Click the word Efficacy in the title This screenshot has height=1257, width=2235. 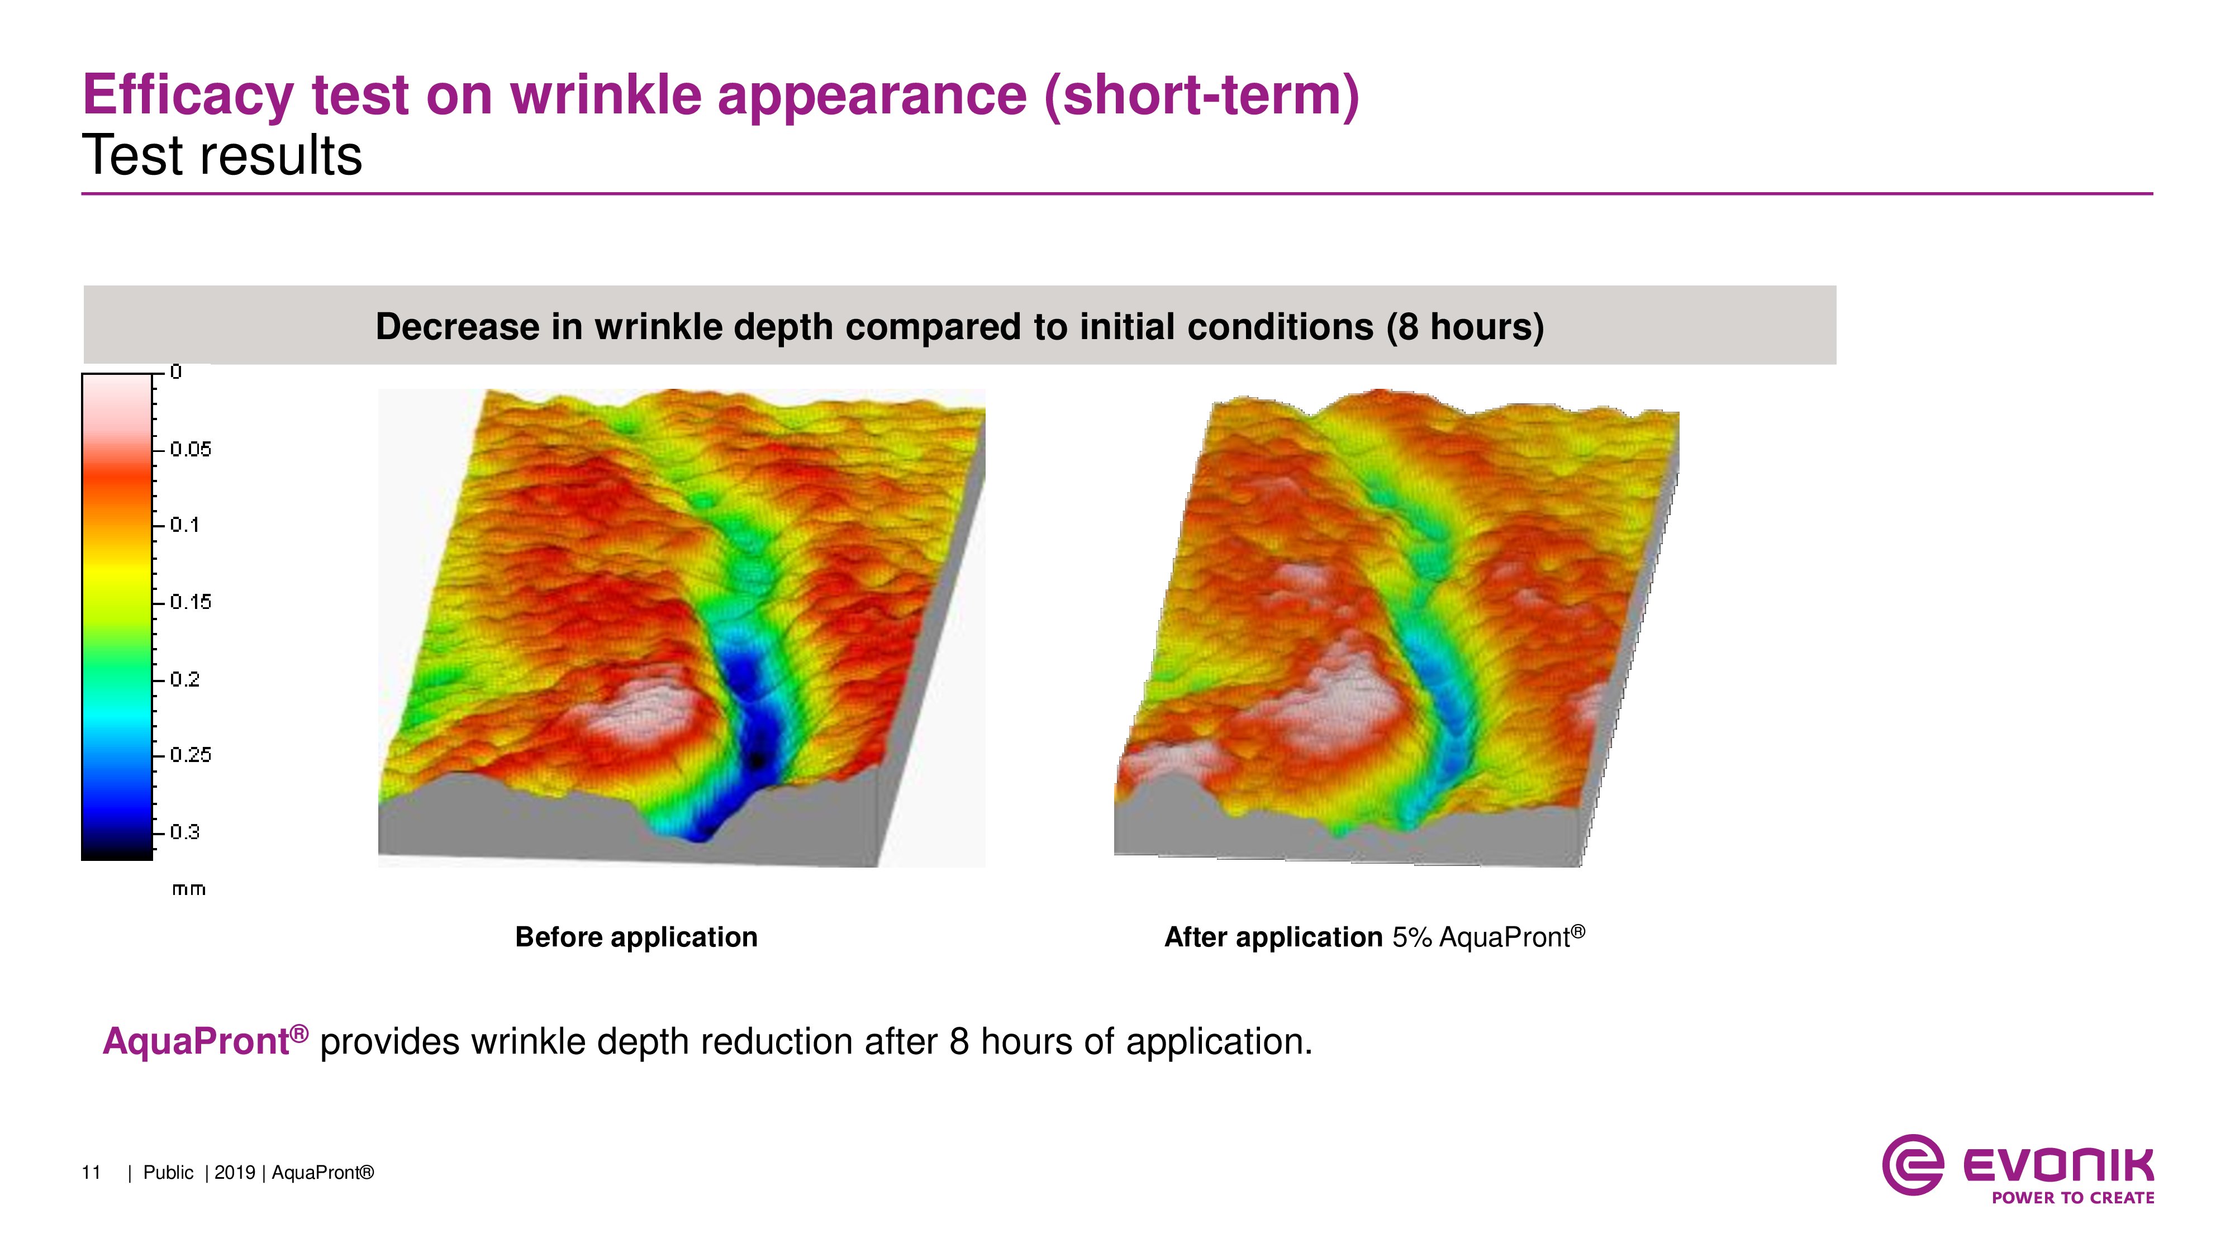[188, 96]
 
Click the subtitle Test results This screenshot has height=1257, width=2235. [222, 156]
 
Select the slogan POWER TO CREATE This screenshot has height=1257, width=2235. [2073, 1198]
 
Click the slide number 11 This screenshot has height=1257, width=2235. [91, 1173]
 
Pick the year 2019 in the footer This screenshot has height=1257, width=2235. [234, 1173]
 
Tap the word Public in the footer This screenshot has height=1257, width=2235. [168, 1173]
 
